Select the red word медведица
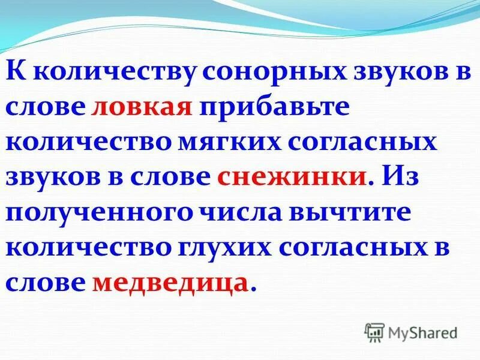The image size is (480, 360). (170, 281)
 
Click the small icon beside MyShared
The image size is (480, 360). (375, 332)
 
